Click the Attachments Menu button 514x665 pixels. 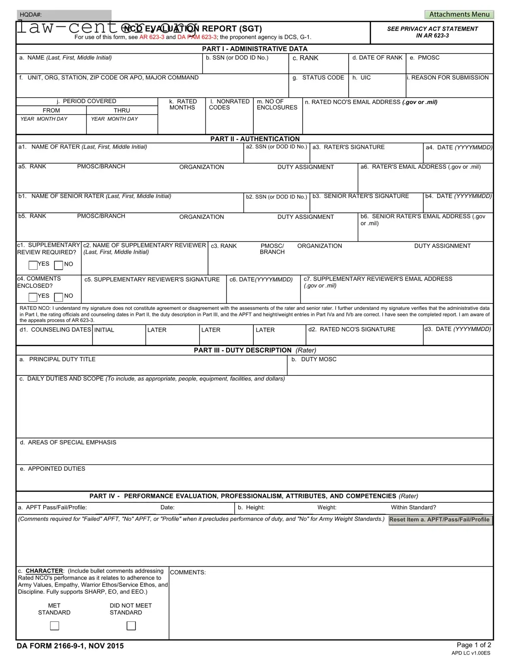(x=459, y=14)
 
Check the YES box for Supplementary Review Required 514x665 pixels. (x=33, y=265)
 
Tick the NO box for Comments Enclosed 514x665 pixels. (x=59, y=297)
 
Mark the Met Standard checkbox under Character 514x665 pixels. (x=54, y=626)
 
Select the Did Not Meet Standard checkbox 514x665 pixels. (x=131, y=626)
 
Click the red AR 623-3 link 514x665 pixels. (x=151, y=37)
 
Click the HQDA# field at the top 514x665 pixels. (x=64, y=15)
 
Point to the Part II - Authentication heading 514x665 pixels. (x=255, y=139)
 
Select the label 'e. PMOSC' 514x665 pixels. (x=425, y=58)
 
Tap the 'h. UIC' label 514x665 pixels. (x=361, y=78)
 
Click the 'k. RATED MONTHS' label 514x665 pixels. (x=183, y=104)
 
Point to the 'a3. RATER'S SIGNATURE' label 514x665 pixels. (x=348, y=147)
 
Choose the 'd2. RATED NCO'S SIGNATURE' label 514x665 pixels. (x=352, y=329)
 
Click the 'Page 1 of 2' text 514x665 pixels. (x=474, y=645)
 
